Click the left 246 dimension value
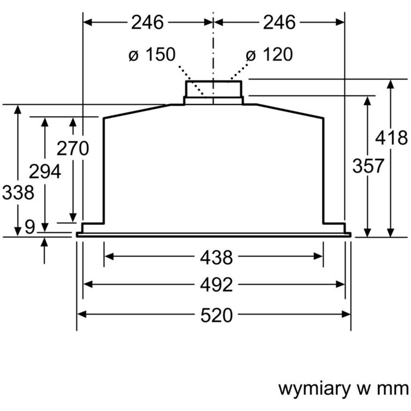tap(147, 22)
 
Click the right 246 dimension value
tap(279, 22)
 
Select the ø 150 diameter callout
tap(152, 54)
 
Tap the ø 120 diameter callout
tap(269, 54)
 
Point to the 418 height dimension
tap(392, 138)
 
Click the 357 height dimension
tap(368, 166)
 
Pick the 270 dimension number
tap(73, 148)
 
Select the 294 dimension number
tap(45, 172)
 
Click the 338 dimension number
tap(18, 192)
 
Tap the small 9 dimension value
tap(30, 227)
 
